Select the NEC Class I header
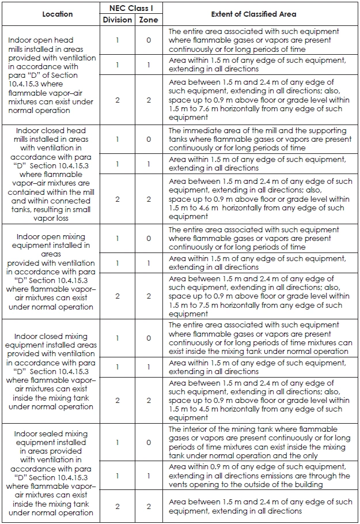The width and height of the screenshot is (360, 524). tap(132, 7)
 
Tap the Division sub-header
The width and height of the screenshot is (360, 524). tap(117, 20)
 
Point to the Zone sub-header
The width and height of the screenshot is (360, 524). tap(149, 20)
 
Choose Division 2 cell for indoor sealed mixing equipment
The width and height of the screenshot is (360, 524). tap(117, 506)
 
